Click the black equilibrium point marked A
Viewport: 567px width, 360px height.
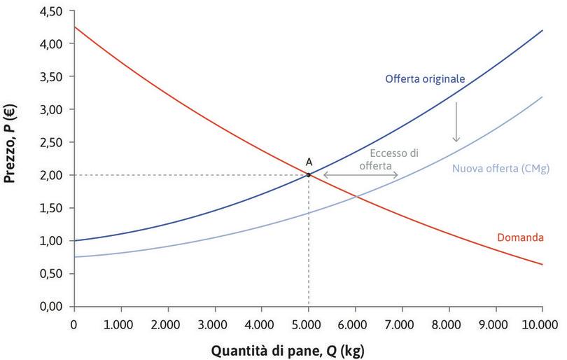click(x=308, y=175)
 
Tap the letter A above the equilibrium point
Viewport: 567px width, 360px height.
click(x=309, y=162)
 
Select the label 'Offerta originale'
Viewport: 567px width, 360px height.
click(x=424, y=78)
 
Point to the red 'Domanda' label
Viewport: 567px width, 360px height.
click(x=520, y=238)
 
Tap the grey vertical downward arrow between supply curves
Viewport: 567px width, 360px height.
click(x=456, y=121)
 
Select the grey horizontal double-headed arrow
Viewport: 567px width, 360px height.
click(x=360, y=175)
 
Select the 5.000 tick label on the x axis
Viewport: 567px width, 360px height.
click(x=308, y=324)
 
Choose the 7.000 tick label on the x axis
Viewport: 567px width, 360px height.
click(x=402, y=324)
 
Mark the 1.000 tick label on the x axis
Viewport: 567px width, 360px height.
click(x=120, y=324)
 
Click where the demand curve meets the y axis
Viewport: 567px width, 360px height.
click(x=73, y=27)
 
